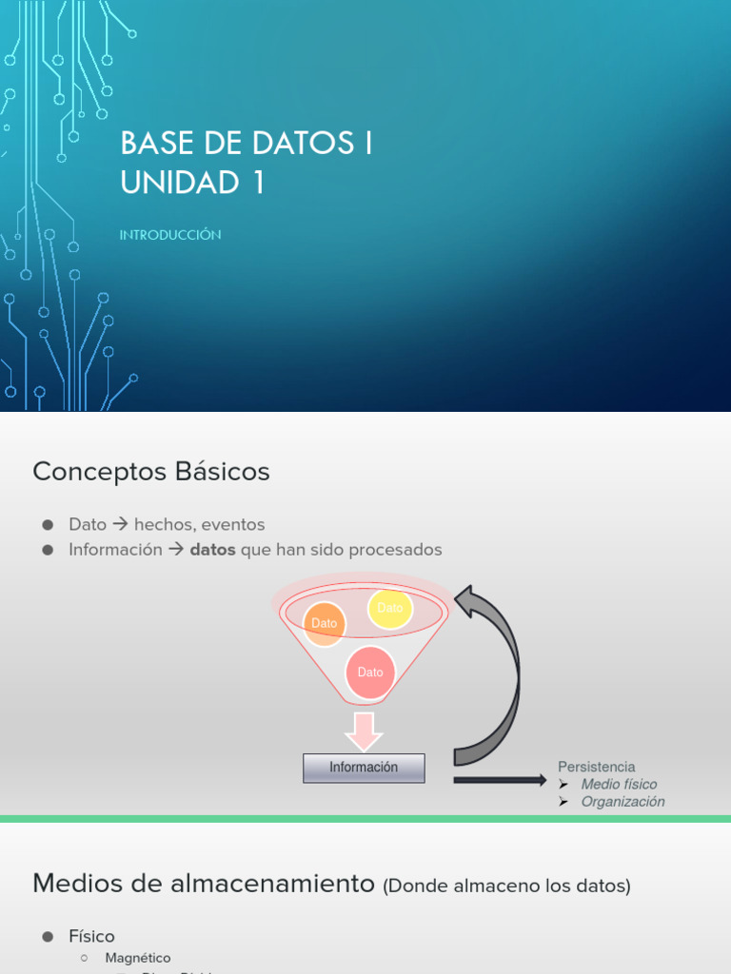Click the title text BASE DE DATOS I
[x=247, y=144]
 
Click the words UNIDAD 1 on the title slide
[x=192, y=183]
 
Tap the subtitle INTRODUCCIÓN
[x=170, y=235]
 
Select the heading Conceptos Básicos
[x=151, y=472]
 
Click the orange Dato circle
[x=325, y=623]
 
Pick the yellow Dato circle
[x=390, y=608]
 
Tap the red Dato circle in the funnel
[x=370, y=672]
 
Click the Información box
[x=364, y=768]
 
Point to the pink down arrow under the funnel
[x=364, y=730]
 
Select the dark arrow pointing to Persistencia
[x=499, y=780]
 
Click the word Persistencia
[x=596, y=767]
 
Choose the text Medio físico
[x=619, y=785]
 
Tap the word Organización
[x=622, y=802]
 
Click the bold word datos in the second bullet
[x=213, y=550]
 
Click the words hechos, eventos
[x=199, y=524]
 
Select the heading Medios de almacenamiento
[x=204, y=884]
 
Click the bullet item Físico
[x=91, y=937]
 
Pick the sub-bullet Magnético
[x=138, y=958]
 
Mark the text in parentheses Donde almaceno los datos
[x=506, y=886]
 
